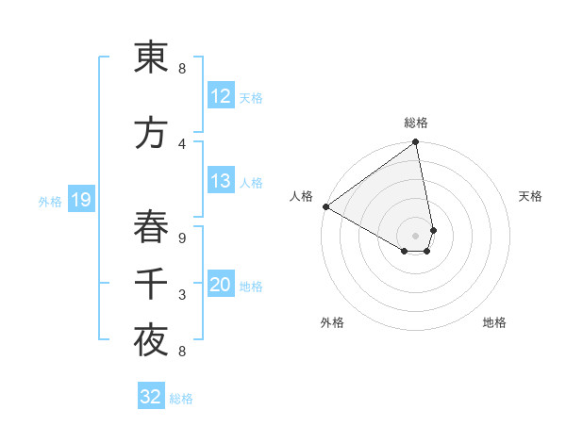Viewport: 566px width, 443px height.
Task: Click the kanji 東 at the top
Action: tap(151, 58)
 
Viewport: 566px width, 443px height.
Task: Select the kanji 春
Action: tap(151, 227)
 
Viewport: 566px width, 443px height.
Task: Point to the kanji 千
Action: tap(151, 285)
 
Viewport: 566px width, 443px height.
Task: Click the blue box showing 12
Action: tap(220, 96)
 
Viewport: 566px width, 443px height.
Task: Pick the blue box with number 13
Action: tap(220, 181)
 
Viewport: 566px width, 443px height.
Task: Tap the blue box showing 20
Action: tap(220, 285)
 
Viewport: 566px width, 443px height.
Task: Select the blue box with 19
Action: tap(80, 200)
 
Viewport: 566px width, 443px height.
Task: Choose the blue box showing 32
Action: tap(151, 397)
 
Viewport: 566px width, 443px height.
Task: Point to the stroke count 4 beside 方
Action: tap(181, 143)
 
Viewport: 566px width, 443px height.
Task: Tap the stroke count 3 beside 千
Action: tap(181, 295)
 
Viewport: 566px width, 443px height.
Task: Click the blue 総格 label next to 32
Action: tap(182, 399)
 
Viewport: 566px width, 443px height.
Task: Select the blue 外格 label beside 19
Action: tap(50, 201)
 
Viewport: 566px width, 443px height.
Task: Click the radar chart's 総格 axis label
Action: tap(416, 123)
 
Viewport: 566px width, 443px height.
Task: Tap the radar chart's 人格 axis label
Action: tap(302, 196)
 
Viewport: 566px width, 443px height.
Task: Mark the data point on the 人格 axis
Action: tap(325, 206)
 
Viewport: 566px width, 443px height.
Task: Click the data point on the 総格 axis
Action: tap(416, 143)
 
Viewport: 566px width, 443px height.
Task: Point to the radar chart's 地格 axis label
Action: tap(494, 322)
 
